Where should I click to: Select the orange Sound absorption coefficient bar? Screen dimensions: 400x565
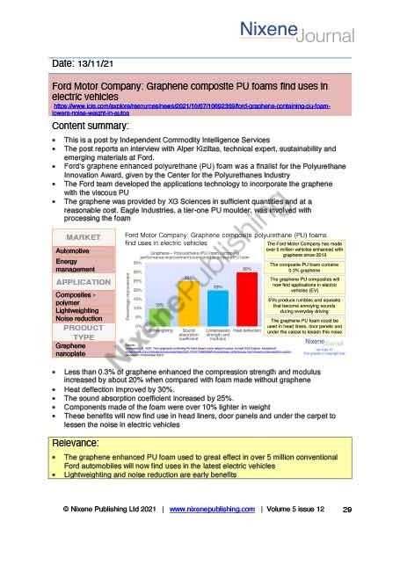point(189,301)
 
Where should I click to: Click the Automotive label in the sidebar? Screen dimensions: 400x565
point(75,250)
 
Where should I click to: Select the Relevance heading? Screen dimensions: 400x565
point(83,440)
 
